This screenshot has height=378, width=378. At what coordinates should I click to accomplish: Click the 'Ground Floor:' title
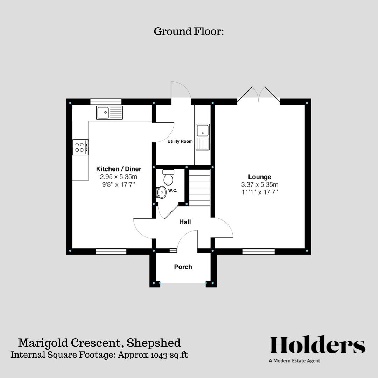189,31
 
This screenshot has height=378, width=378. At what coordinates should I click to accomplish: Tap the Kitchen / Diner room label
119,169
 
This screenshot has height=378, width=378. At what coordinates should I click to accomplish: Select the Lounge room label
260,177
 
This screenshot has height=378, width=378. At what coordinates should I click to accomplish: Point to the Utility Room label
180,141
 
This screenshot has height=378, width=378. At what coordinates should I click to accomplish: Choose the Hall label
185,222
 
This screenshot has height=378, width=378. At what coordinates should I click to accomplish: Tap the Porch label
183,267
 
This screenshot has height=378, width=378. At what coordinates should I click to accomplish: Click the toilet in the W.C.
168,177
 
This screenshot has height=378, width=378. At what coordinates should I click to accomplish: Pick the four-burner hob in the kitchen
80,147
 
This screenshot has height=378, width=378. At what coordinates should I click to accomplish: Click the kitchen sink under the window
110,113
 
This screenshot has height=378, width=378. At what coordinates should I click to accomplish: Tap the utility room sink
203,136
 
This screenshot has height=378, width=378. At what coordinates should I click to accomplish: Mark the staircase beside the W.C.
199,188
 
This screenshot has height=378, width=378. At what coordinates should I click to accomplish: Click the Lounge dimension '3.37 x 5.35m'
260,185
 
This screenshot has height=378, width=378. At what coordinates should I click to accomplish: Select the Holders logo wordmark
317,345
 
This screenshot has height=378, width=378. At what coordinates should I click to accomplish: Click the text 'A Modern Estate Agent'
294,361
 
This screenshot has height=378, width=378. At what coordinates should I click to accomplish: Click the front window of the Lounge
258,252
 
